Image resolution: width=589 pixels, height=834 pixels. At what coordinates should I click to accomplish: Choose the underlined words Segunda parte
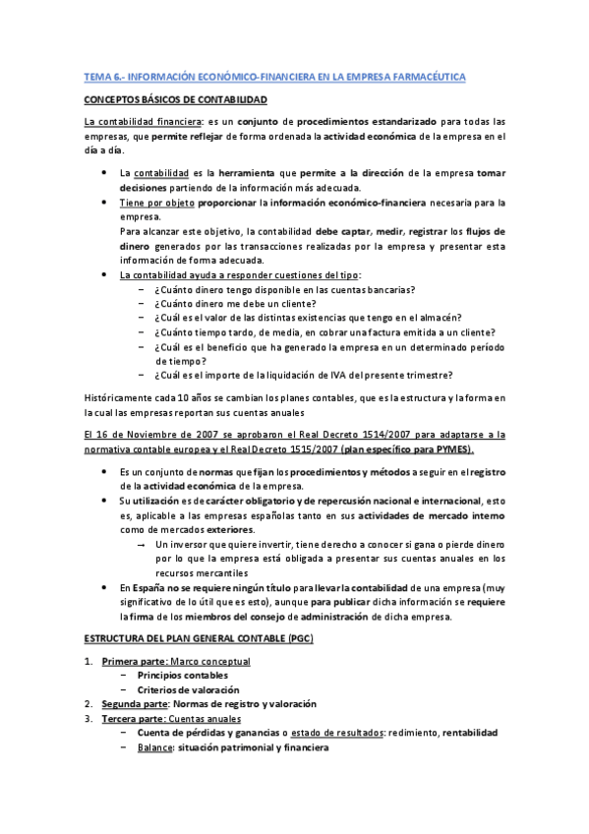pyautogui.click(x=136, y=704)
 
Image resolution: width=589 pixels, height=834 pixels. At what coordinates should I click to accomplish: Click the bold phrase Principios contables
pyautogui.click(x=183, y=676)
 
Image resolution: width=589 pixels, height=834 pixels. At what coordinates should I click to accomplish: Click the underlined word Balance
pyautogui.click(x=156, y=746)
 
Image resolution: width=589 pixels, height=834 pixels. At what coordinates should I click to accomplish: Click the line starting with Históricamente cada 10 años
pyautogui.click(x=295, y=396)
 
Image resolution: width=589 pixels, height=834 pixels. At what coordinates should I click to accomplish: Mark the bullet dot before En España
pyautogui.click(x=106, y=587)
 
